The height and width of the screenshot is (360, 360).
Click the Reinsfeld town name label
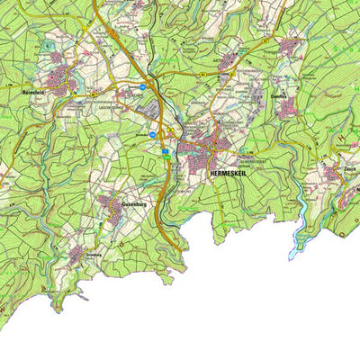pos(35,91)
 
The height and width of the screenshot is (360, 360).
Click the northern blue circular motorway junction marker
pos(142,87)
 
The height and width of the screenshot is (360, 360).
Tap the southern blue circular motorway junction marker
pos(153,134)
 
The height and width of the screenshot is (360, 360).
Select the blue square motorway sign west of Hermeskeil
pos(166,152)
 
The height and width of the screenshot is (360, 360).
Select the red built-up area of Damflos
pos(287,109)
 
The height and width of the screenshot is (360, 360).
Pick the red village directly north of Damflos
pos(291,45)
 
